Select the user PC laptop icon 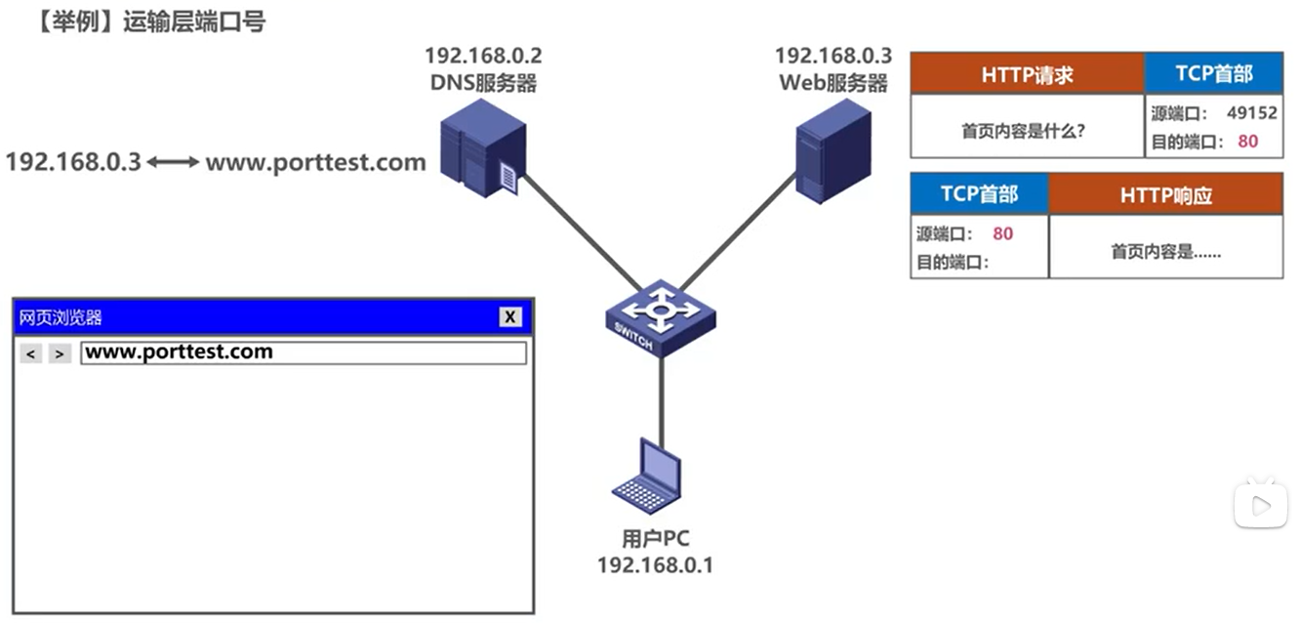click(647, 477)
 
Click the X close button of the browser click(510, 316)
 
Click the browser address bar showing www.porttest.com click(303, 353)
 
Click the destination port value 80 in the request click(1247, 142)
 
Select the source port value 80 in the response click(1002, 234)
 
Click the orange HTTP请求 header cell click(1027, 74)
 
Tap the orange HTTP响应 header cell click(1165, 195)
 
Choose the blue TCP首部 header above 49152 click(1213, 74)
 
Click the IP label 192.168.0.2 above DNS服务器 click(482, 56)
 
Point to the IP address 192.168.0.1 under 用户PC click(655, 564)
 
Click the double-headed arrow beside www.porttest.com click(173, 162)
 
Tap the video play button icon click(1260, 505)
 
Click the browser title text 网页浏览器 click(61, 317)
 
